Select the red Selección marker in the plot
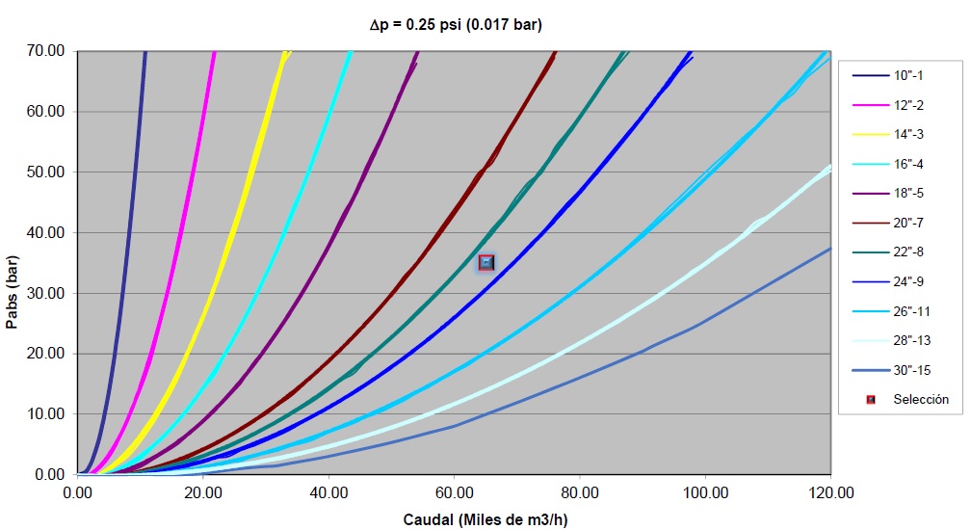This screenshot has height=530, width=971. coord(486,262)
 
